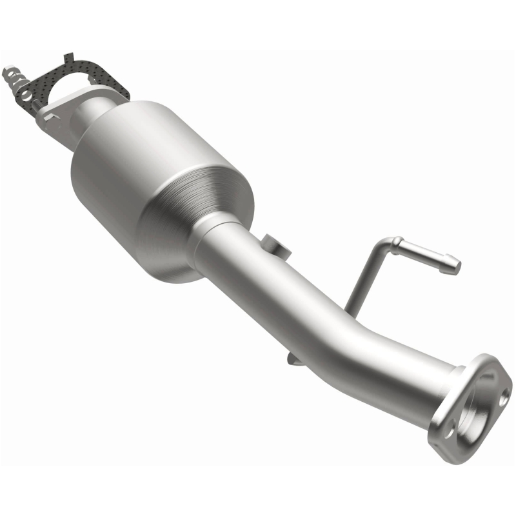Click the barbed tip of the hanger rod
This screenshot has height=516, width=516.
(451, 265)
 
